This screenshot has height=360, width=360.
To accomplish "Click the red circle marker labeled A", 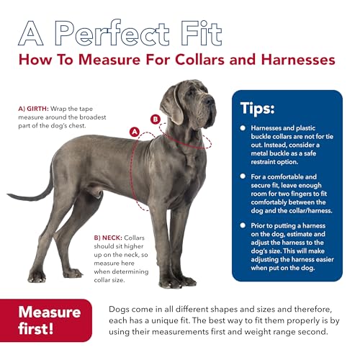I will pos(133,131).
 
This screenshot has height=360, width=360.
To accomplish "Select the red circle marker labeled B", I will pos(155,119).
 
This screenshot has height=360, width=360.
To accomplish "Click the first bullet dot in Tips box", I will pos(243,127).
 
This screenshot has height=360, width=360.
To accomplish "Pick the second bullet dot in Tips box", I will pos(243,176).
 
